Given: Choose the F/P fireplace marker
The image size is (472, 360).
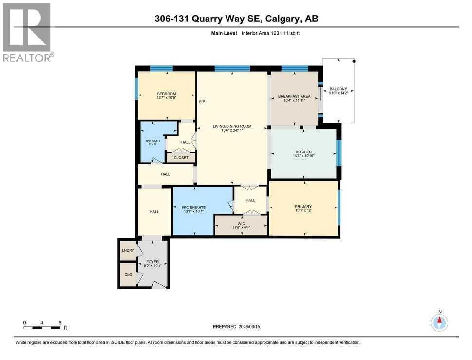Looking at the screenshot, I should click(x=202, y=102).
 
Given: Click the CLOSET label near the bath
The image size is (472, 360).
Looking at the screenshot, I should click(x=181, y=158).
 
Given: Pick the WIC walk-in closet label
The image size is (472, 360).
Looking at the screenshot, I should click(x=241, y=225).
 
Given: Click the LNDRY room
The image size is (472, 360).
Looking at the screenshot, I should click(x=128, y=251).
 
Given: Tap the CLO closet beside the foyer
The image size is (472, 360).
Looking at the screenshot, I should click(x=128, y=274).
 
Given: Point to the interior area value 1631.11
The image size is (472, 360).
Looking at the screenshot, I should click(x=281, y=33).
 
